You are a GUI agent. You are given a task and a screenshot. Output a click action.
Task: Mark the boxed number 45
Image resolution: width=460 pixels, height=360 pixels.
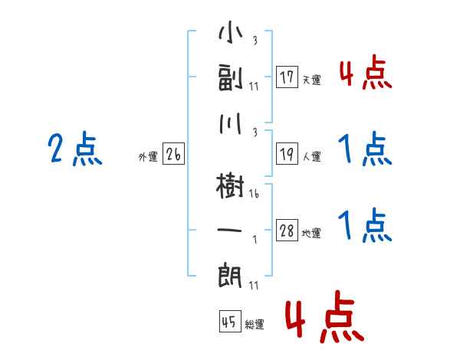[229, 322]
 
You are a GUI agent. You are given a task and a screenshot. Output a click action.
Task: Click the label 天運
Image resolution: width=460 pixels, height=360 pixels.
[311, 80]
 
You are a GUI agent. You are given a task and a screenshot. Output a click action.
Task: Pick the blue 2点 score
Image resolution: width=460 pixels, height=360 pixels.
[75, 149]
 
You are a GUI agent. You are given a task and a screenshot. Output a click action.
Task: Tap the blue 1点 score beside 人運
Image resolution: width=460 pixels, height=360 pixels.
[365, 149]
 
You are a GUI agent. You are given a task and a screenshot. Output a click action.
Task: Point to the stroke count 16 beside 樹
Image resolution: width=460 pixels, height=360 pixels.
[255, 195]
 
